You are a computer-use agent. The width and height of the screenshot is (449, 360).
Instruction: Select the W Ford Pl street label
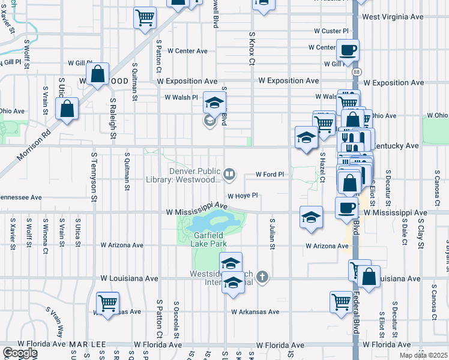click(269, 175)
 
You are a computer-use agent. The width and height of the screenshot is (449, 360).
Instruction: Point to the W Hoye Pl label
click(242, 195)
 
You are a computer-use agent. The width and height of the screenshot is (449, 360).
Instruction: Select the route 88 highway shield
click(357, 71)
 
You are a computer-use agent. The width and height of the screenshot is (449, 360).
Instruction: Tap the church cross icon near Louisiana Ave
click(262, 277)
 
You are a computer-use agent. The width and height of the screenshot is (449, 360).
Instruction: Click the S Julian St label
click(272, 235)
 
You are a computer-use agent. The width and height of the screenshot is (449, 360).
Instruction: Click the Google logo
click(19, 353)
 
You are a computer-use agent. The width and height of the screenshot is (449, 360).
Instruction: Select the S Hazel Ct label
click(322, 167)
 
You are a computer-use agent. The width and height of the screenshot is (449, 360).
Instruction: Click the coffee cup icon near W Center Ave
click(347, 49)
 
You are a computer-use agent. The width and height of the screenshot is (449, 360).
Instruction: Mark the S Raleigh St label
click(112, 114)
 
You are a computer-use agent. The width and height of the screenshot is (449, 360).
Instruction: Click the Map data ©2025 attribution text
click(424, 355)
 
